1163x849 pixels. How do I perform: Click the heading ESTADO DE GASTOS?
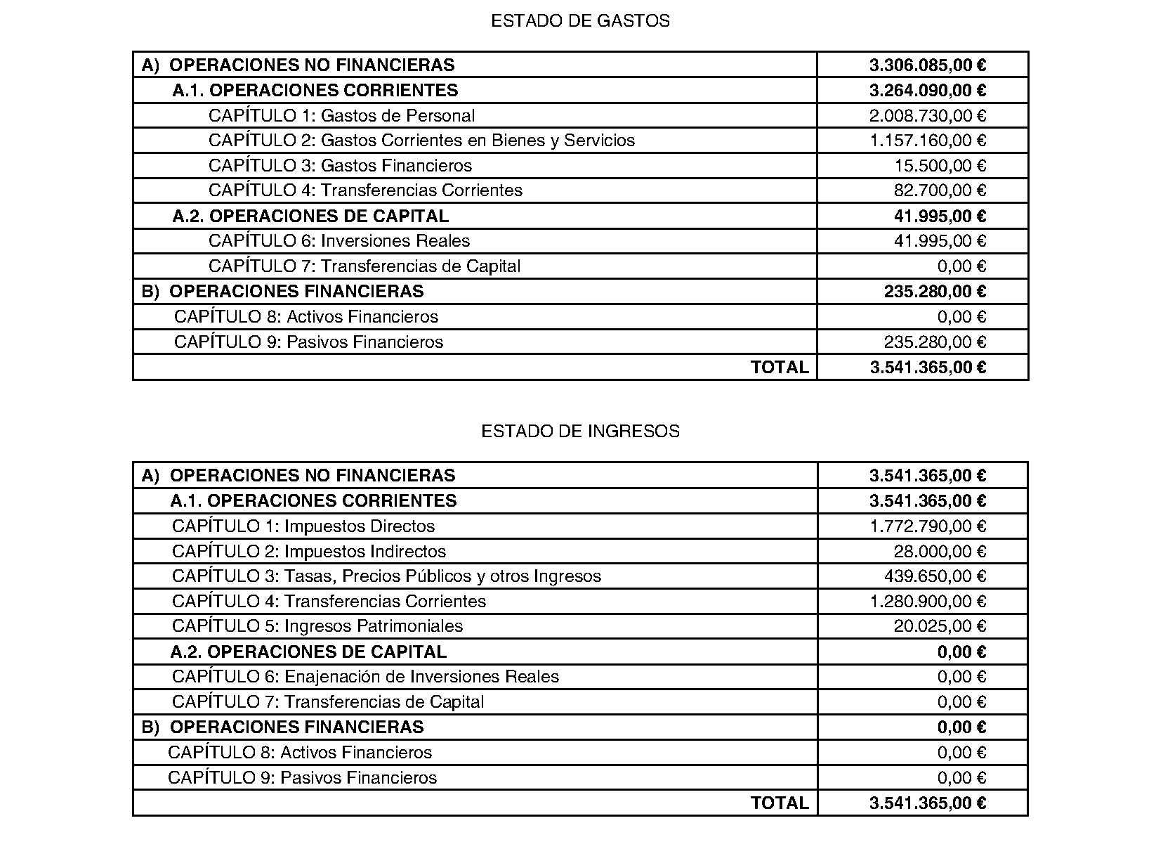click(x=580, y=21)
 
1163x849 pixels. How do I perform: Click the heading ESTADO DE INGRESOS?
click(x=580, y=431)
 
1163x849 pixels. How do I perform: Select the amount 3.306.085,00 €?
click(x=927, y=65)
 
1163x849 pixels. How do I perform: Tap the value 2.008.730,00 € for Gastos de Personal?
click(x=927, y=116)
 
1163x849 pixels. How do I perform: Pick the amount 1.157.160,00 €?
click(x=927, y=141)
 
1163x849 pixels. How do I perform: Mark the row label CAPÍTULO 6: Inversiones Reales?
click(x=339, y=241)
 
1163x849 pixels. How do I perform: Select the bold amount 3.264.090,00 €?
click(x=927, y=91)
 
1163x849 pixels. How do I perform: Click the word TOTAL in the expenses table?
click(x=779, y=368)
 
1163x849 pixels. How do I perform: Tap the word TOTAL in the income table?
click(x=779, y=803)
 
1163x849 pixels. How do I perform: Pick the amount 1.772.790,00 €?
click(x=927, y=526)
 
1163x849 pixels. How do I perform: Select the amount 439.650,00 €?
click(x=935, y=576)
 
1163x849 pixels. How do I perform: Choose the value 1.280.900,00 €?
click(x=927, y=602)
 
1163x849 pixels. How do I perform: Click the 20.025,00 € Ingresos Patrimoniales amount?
click(x=940, y=626)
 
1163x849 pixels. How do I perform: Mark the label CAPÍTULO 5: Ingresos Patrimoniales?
click(x=317, y=626)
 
